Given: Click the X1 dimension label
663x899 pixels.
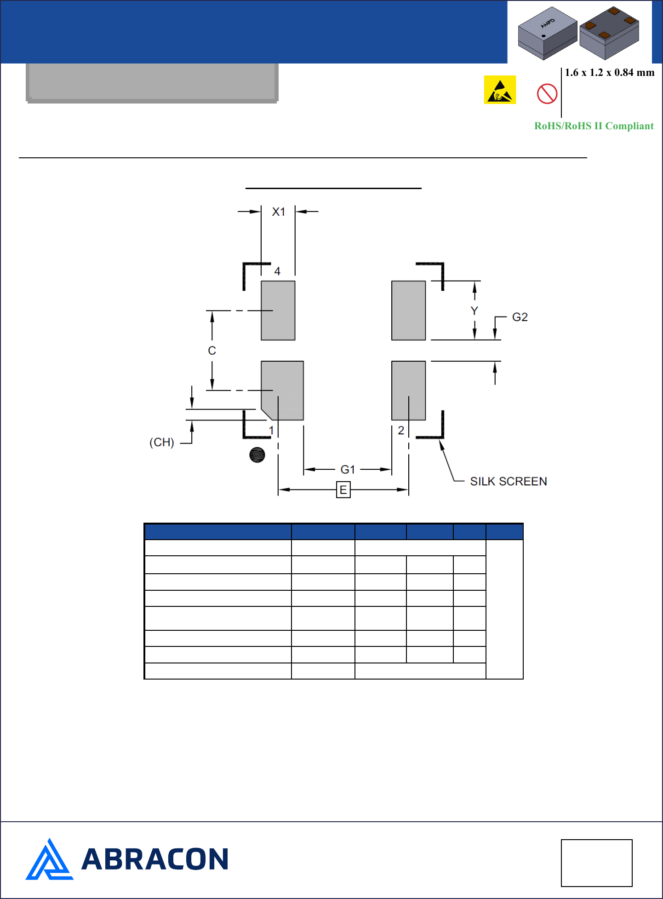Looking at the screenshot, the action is pyautogui.click(x=279, y=212).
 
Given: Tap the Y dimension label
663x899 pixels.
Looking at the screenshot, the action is pyautogui.click(x=474, y=311).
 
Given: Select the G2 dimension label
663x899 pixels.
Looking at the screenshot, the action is pyautogui.click(x=520, y=317).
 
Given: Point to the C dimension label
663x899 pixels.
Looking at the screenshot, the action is pyautogui.click(x=212, y=351).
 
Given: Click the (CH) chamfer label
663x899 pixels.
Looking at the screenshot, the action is pyautogui.click(x=162, y=442).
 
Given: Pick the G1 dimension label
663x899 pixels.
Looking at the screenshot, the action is pyautogui.click(x=348, y=469).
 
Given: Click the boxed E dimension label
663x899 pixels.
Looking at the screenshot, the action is pyautogui.click(x=343, y=490).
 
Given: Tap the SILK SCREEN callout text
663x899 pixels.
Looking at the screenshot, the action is pyautogui.click(x=509, y=481).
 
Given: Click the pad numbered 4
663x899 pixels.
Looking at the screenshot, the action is pyautogui.click(x=278, y=311).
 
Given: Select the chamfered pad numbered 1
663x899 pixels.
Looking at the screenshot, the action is pyautogui.click(x=282, y=391).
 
